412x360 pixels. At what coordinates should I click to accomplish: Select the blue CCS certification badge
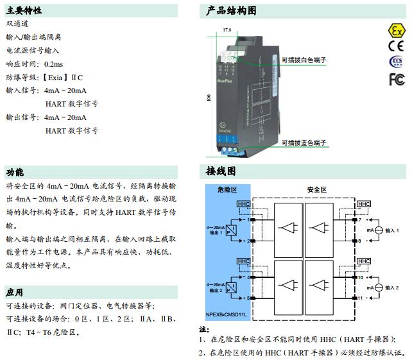(395, 62)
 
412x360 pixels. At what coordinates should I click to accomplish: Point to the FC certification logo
(396, 78)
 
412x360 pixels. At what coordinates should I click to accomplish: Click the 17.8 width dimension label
(227, 30)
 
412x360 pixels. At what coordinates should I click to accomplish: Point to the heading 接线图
(221, 171)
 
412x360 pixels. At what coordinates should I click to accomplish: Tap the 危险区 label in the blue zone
(227, 190)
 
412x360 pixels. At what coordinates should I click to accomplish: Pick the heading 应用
(15, 292)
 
